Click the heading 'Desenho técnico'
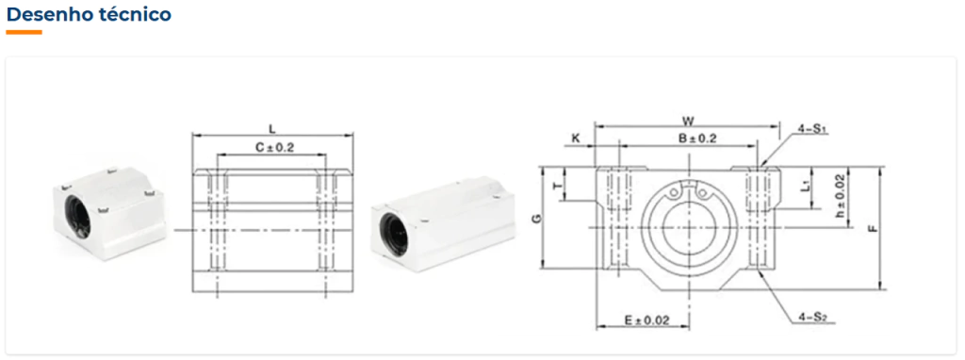(89, 14)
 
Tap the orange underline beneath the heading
(24, 32)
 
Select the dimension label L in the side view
(272, 128)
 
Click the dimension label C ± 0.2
(274, 148)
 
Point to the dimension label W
(687, 120)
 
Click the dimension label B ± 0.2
(697, 139)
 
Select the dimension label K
(576, 139)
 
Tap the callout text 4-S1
(811, 129)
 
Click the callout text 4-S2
(812, 318)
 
